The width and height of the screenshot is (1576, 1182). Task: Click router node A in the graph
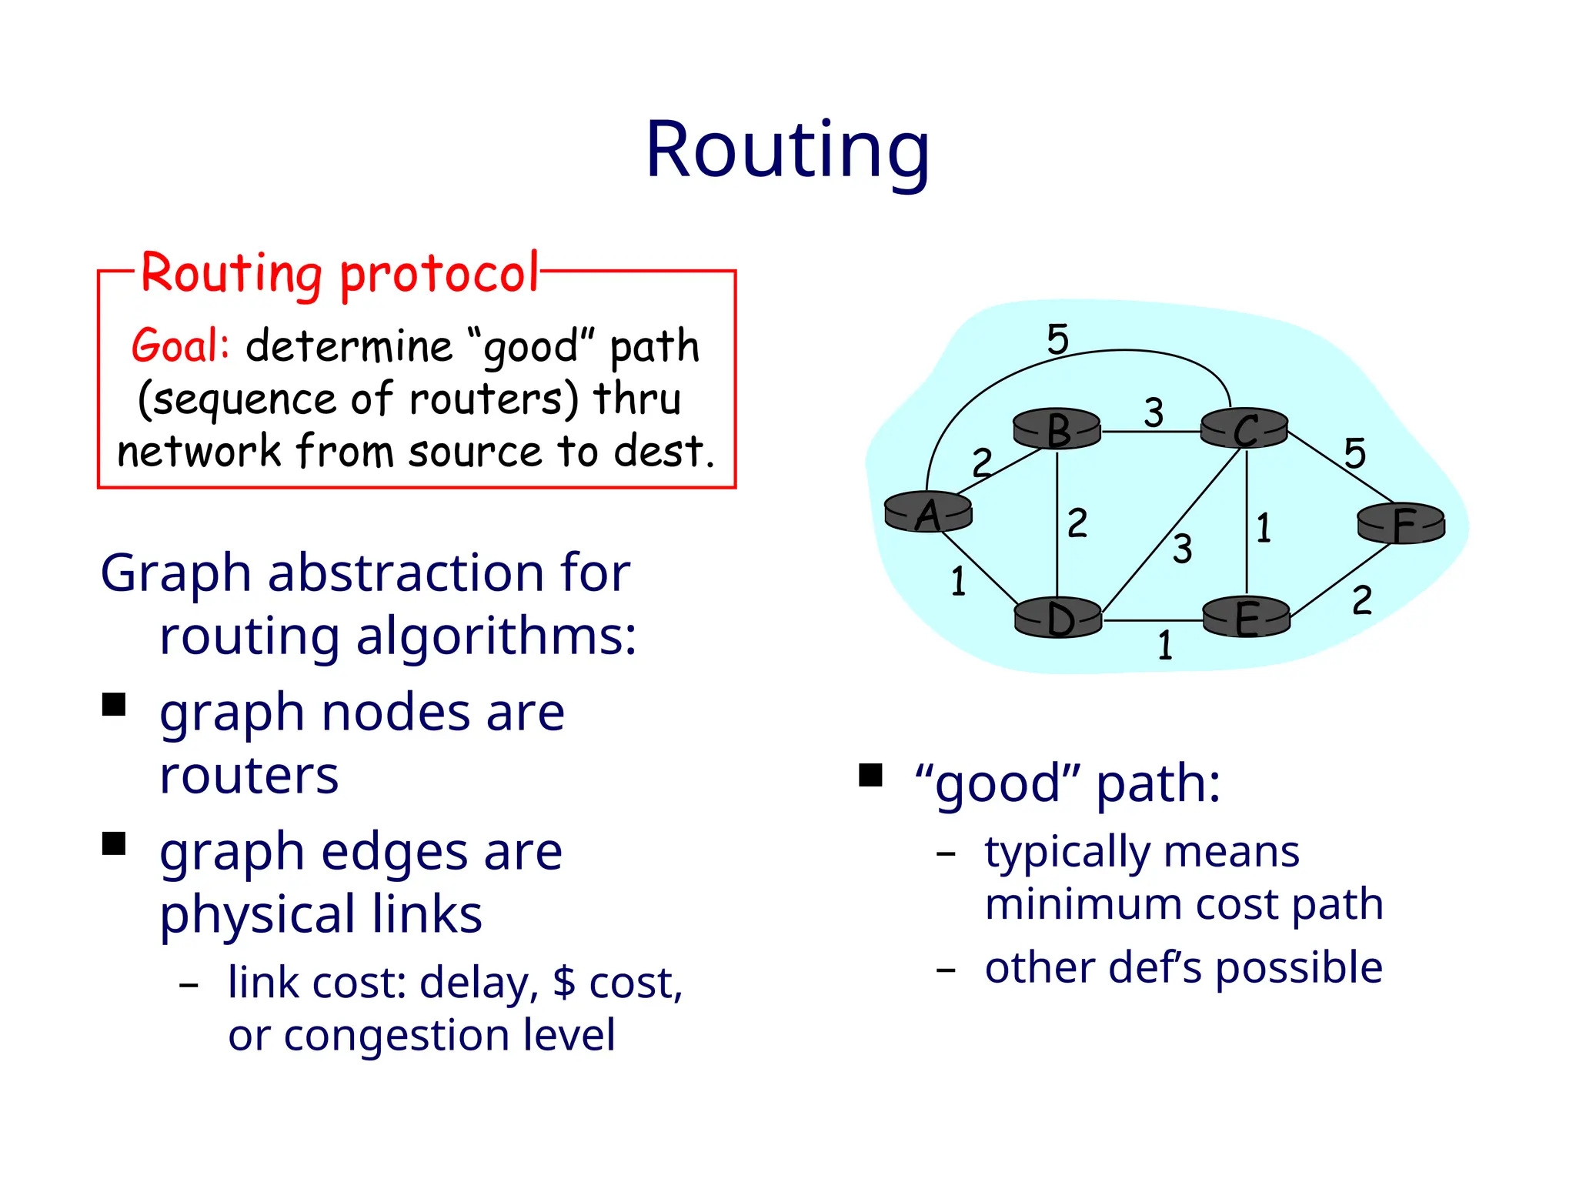928,513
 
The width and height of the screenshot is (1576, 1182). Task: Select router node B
1057,429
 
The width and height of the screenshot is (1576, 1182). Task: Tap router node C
1244,429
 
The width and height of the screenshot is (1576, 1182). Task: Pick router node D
1059,618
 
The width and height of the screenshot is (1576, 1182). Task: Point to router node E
1246,617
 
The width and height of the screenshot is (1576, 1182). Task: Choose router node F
1401,524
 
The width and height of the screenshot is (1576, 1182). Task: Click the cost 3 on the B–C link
1153,412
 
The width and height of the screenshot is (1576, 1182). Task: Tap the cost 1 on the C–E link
1264,528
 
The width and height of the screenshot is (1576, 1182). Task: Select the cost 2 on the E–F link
1361,600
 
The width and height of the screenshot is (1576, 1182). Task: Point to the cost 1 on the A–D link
958,581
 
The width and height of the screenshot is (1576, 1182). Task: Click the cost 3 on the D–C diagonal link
1183,549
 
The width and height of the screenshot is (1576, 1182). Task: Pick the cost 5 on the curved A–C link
1058,339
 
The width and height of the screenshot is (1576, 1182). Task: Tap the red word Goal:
180,346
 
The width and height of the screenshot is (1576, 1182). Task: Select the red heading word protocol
439,275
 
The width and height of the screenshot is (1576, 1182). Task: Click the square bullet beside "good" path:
870,775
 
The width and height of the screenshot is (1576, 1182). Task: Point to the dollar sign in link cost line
564,982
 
